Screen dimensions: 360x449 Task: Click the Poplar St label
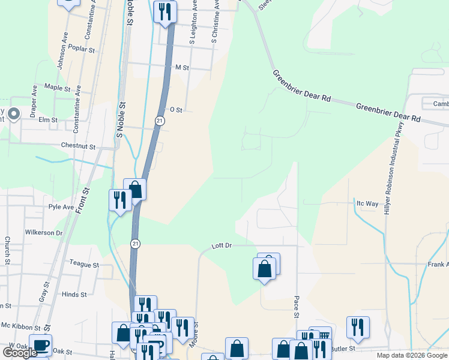pos(82,47)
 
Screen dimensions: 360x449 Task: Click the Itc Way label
pos(367,203)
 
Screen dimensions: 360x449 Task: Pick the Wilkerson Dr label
pos(44,232)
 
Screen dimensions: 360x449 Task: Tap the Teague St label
pos(83,264)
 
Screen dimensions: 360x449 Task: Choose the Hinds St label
pos(74,295)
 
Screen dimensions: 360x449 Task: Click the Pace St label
pos(297,306)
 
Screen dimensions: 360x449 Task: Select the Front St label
pos(86,199)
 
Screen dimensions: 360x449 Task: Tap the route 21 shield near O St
pos(159,121)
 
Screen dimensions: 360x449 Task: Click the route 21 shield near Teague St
pos(136,243)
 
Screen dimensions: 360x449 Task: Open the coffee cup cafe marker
pos(40,344)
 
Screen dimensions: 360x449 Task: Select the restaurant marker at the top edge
pos(164,11)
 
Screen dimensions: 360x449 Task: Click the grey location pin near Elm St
pos(14,113)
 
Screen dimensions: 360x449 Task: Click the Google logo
pos(20,352)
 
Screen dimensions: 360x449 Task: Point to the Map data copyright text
pos(404,355)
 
